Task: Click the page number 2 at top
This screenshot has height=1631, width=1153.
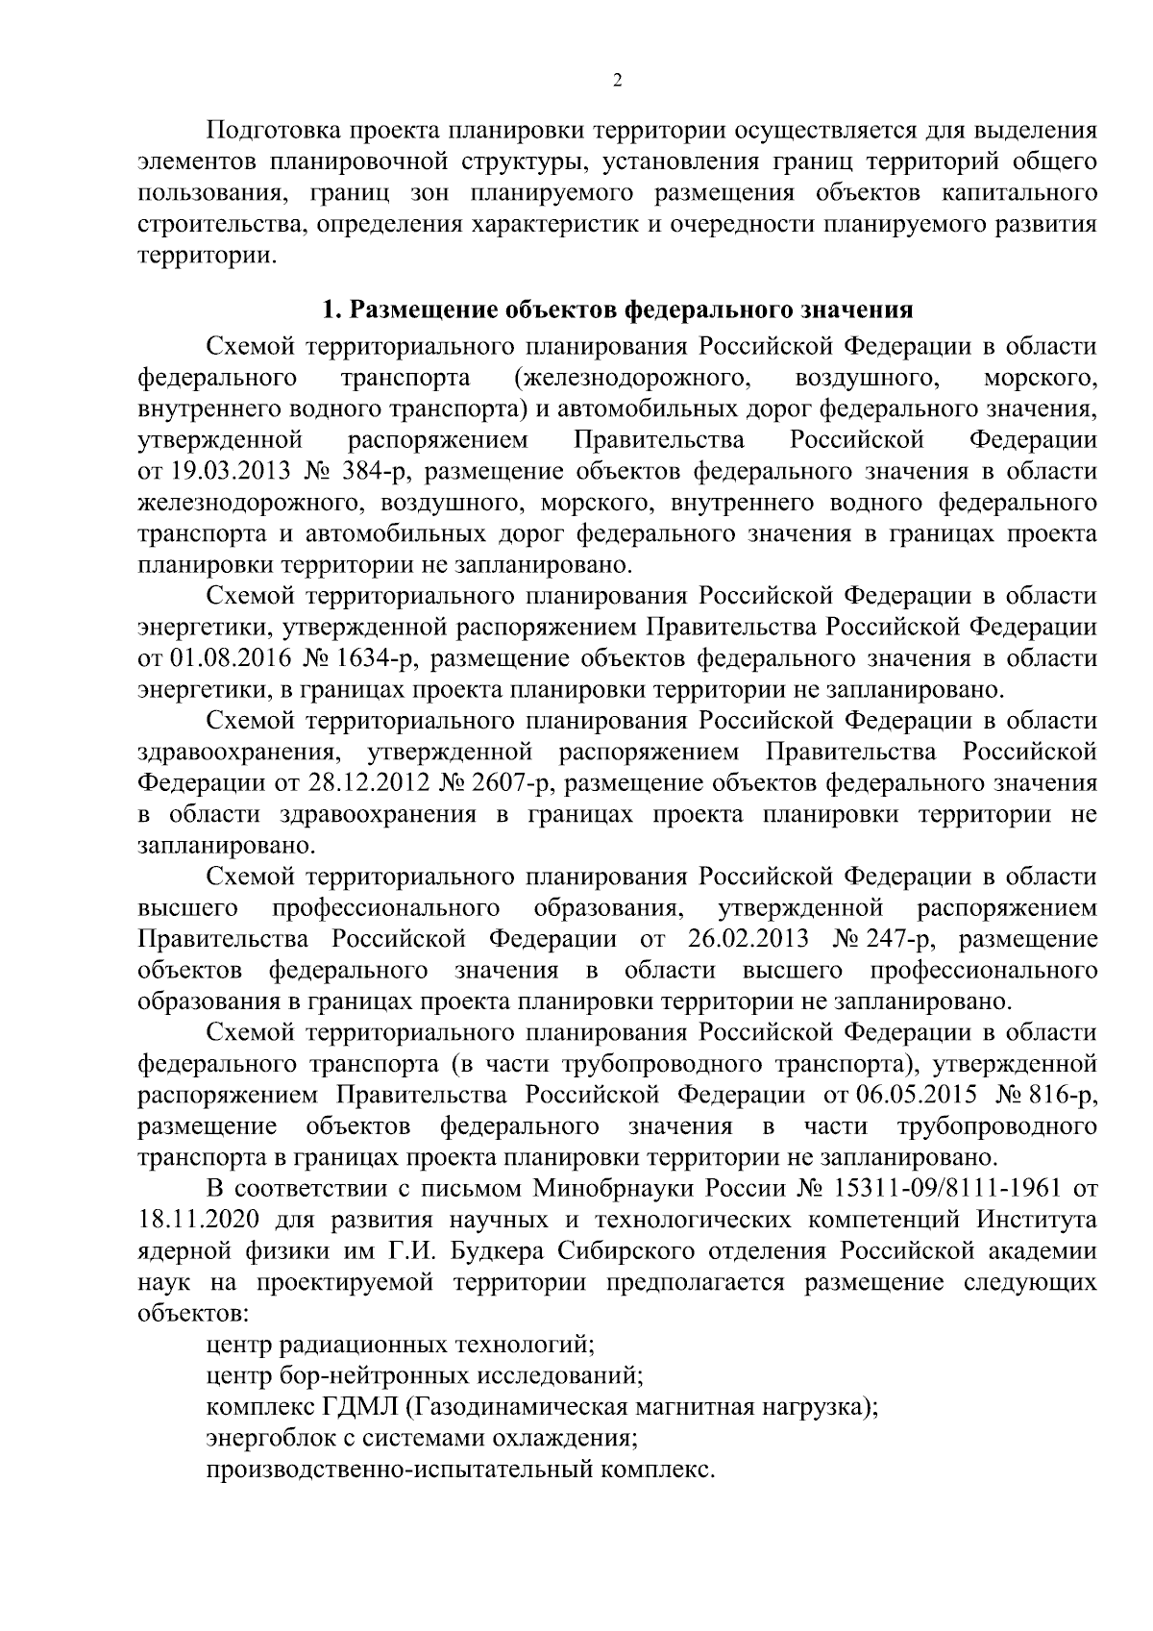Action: pyautogui.click(x=617, y=81)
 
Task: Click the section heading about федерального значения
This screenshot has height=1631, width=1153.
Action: pyautogui.click(x=616, y=310)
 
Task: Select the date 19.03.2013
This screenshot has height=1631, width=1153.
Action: pyautogui.click(x=229, y=472)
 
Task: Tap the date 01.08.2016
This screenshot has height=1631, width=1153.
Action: pyautogui.click(x=229, y=659)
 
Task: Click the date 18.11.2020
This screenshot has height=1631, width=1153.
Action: pyautogui.click(x=195, y=1220)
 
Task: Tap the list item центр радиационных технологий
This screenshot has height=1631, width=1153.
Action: pyautogui.click(x=401, y=1345)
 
